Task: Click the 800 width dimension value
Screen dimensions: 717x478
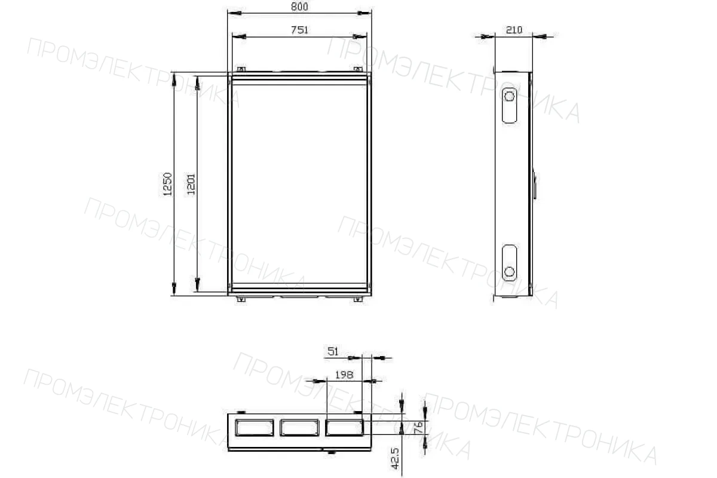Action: [x=299, y=7]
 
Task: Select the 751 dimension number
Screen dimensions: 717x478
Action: [x=299, y=30]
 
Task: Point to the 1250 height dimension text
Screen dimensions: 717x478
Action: [x=167, y=184]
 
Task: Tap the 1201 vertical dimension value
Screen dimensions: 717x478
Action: [x=191, y=184]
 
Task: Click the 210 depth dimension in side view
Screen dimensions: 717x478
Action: [x=514, y=30]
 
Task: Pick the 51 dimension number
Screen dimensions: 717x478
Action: [x=333, y=351]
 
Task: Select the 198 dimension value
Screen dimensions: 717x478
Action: [x=344, y=375]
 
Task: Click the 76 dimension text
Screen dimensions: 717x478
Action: [x=418, y=428]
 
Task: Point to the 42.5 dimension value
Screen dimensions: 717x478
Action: [x=396, y=458]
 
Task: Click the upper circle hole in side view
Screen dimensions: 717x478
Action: [x=509, y=96]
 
